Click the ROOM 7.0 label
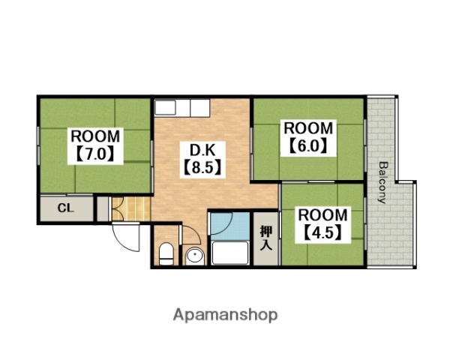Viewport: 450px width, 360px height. [x=95, y=145]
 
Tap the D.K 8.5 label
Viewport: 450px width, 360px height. [x=202, y=159]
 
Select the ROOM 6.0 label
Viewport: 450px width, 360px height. [x=308, y=137]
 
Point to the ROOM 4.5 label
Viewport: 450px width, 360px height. [x=322, y=224]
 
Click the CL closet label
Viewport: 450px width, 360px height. [x=66, y=208]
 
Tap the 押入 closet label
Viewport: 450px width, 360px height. [x=266, y=238]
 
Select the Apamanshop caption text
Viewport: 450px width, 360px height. [x=225, y=315]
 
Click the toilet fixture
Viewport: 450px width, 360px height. [x=166, y=253]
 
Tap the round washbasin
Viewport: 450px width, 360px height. [x=194, y=256]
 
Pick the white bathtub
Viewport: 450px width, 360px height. [x=230, y=253]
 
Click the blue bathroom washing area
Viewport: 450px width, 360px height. [x=230, y=226]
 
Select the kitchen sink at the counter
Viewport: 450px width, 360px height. [x=165, y=108]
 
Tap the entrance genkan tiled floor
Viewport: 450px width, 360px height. [x=131, y=208]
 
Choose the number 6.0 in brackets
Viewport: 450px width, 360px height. [x=308, y=147]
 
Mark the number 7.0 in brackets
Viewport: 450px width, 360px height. [x=95, y=154]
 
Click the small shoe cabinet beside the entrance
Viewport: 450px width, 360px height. [x=103, y=208]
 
